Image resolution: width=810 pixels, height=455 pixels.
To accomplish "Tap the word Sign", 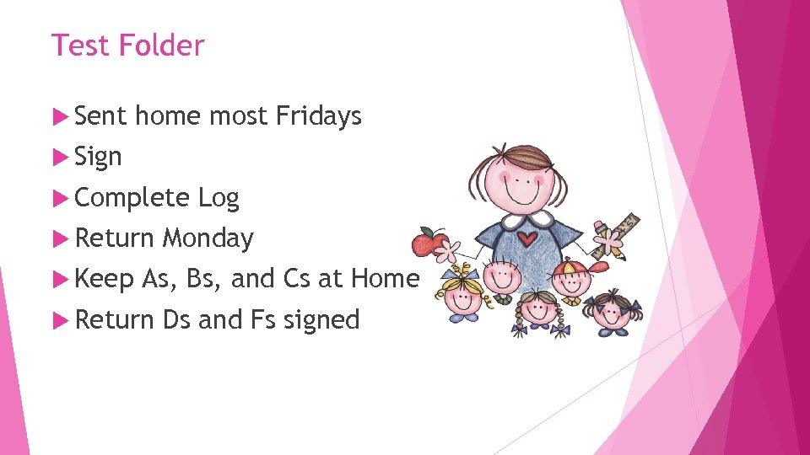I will [98, 157].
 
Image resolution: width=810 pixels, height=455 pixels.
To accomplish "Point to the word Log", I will [219, 198].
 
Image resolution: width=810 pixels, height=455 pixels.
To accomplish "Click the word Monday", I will [208, 238].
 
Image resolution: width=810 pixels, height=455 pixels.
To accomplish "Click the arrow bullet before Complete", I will [59, 198].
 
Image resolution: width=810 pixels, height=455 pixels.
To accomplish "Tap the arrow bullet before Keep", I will [59, 279].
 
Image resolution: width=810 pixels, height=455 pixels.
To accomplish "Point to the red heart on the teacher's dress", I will [527, 238].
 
